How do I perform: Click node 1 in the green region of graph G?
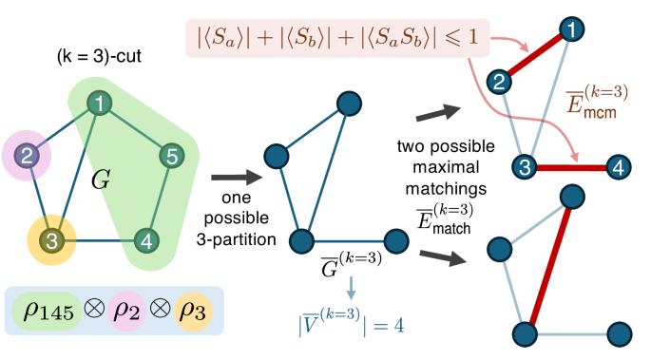click(98, 102)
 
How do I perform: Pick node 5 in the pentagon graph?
click(169, 155)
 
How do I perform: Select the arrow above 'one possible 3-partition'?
click(234, 176)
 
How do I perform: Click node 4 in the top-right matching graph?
click(619, 168)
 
